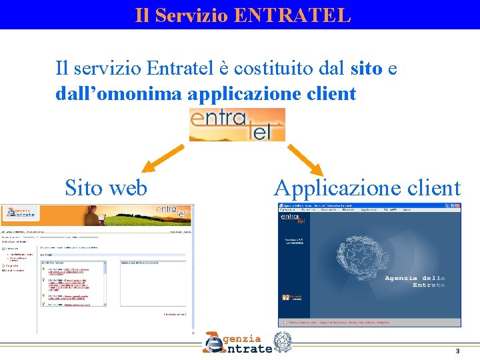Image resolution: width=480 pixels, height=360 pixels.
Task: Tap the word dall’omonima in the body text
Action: click(x=118, y=94)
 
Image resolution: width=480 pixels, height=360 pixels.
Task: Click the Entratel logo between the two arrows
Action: click(x=237, y=125)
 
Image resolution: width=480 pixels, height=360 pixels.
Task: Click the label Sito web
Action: click(x=106, y=188)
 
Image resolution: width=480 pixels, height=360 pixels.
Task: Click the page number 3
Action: click(x=457, y=351)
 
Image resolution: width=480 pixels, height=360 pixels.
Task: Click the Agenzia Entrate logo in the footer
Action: click(x=238, y=343)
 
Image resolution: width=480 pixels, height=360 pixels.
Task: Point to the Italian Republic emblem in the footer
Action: click(x=283, y=341)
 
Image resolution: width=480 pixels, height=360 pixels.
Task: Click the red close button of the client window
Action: click(x=458, y=205)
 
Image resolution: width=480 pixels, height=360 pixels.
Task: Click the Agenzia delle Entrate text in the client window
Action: click(x=415, y=281)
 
